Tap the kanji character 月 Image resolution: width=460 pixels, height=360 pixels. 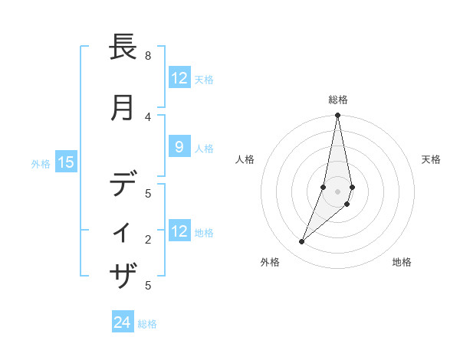click(x=123, y=108)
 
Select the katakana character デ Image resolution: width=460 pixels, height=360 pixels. click(x=123, y=185)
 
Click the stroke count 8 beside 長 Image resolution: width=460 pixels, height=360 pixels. click(x=148, y=56)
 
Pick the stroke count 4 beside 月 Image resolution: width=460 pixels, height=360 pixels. click(x=148, y=117)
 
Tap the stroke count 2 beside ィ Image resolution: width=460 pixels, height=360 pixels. click(x=148, y=240)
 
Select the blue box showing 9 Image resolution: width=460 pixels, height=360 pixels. click(x=179, y=148)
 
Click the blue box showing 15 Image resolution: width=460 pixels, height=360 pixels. click(x=66, y=162)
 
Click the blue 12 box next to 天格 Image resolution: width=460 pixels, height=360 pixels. click(x=179, y=78)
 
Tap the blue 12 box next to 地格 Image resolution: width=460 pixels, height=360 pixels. click(x=179, y=231)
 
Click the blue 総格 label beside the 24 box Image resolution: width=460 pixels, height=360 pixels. click(x=147, y=324)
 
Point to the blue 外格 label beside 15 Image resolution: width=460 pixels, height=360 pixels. click(x=41, y=163)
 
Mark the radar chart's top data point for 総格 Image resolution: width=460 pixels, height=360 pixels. click(x=337, y=116)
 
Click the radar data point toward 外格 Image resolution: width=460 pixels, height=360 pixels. click(x=302, y=242)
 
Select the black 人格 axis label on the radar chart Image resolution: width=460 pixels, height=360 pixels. click(x=245, y=159)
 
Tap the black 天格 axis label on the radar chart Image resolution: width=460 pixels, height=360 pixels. click(x=431, y=159)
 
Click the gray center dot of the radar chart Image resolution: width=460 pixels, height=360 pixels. click(x=337, y=191)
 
